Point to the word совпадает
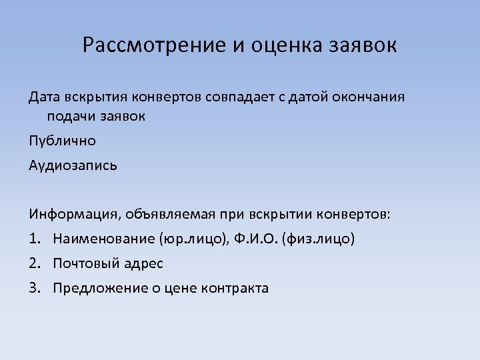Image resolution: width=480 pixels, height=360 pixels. [x=243, y=97]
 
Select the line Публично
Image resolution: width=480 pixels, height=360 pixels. [x=62, y=141]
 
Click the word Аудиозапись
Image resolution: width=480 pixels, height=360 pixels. [x=73, y=165]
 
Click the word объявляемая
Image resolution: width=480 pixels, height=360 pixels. [x=171, y=215]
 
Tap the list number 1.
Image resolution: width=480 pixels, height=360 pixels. [x=34, y=239]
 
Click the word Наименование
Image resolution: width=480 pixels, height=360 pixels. [x=104, y=239]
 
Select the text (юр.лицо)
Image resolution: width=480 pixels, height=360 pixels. [x=193, y=239]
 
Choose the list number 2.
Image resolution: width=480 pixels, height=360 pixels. [x=34, y=263]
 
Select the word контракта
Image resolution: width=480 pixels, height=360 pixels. [x=238, y=288]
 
